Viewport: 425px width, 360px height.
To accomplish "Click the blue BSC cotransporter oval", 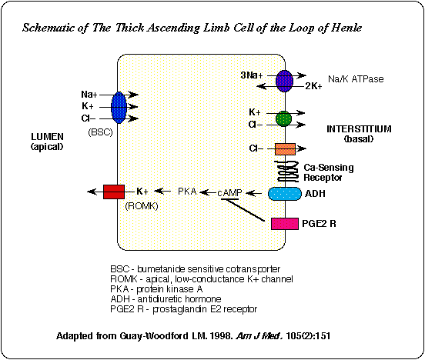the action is (x=119, y=107).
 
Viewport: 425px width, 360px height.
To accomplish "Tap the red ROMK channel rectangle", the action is (x=114, y=192).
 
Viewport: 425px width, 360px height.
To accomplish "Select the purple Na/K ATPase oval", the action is (x=284, y=81).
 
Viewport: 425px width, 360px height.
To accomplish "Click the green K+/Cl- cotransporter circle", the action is (x=284, y=118).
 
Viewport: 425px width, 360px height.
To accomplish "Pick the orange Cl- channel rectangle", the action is (x=285, y=149).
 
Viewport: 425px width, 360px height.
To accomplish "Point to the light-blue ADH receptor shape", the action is (x=285, y=194).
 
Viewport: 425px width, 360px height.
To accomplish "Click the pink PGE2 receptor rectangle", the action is (x=285, y=224).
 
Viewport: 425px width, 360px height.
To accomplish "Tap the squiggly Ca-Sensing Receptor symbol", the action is (x=286, y=172).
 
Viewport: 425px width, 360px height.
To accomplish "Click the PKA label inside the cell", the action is (x=187, y=192).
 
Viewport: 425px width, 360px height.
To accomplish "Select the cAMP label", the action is (x=229, y=193).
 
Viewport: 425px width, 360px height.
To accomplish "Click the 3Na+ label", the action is (x=252, y=75).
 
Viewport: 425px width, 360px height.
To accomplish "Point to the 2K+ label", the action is (x=313, y=86).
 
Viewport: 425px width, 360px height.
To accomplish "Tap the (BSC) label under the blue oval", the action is (x=100, y=132).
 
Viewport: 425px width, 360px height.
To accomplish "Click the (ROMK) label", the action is (x=142, y=206).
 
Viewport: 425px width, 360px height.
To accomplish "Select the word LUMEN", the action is (x=47, y=136).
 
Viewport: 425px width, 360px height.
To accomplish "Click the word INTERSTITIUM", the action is (x=359, y=129).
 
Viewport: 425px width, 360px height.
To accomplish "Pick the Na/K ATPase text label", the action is (x=356, y=78).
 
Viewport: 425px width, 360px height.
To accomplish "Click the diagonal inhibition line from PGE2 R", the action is (x=243, y=210).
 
